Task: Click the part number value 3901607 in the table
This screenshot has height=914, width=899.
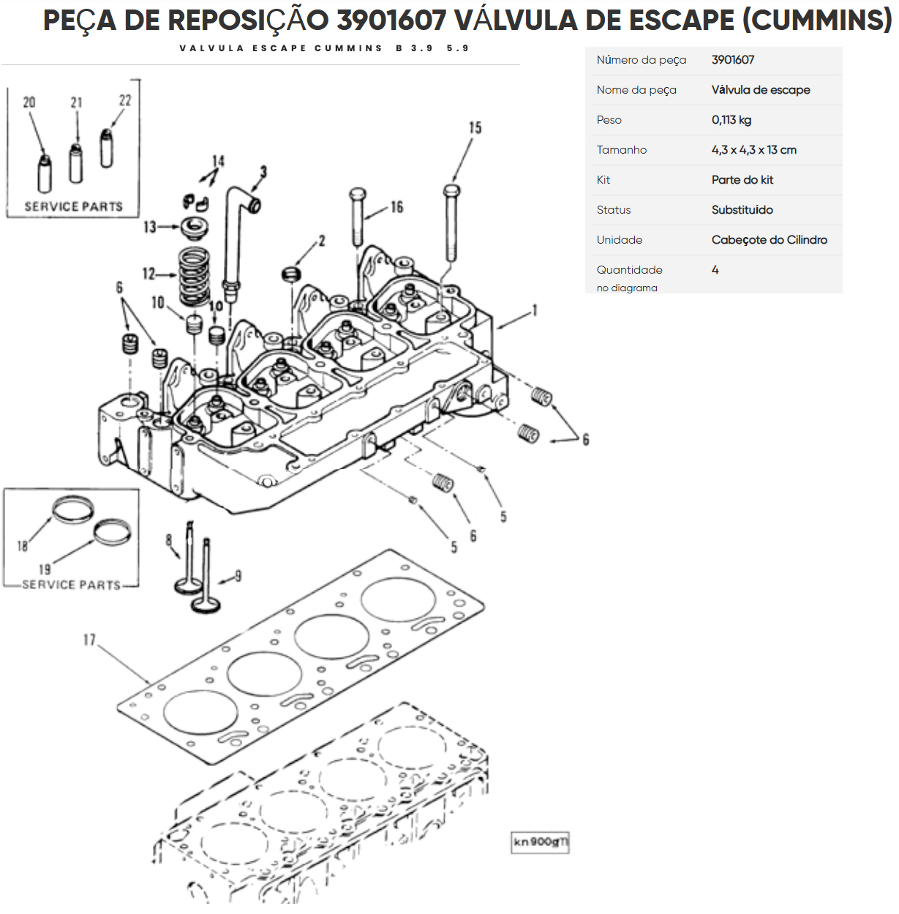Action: [732, 60]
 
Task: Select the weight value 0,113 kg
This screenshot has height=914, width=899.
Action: [731, 120]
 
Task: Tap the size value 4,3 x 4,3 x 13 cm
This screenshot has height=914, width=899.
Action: [753, 150]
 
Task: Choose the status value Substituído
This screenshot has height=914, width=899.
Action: [742, 210]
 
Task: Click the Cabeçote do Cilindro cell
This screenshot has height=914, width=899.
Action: [769, 240]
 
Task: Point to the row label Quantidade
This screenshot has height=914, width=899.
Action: [629, 270]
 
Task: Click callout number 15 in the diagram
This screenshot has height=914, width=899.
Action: [475, 128]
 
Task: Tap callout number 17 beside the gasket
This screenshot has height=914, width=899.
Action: [89, 640]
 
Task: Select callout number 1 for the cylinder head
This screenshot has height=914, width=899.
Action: [535, 310]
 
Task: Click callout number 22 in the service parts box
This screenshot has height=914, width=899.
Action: [125, 101]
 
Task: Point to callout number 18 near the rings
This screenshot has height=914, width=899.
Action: [23, 546]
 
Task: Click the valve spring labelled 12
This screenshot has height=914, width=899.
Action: [194, 276]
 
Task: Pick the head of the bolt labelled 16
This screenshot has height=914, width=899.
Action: [357, 194]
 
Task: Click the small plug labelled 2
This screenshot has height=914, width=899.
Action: [291, 274]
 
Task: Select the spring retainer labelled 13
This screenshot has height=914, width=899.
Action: [194, 226]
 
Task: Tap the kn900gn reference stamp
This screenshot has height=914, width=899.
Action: [540, 842]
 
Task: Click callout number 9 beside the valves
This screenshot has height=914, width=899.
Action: [238, 577]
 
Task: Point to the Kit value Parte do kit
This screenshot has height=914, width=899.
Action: [742, 180]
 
